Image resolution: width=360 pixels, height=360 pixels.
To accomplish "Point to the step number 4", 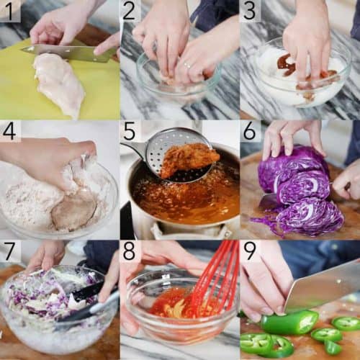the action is (x=9, y=131).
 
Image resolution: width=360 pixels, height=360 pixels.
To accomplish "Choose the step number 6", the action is (x=250, y=131).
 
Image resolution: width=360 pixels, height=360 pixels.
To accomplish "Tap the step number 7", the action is (x=9, y=251).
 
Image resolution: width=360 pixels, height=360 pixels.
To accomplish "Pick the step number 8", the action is (x=129, y=251).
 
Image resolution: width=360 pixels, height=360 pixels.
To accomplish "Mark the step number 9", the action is (x=250, y=251).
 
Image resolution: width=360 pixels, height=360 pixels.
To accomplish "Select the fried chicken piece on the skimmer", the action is (x=189, y=160).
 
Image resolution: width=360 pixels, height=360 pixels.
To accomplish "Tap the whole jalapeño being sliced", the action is (x=289, y=323).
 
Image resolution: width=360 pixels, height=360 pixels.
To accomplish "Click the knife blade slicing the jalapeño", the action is (x=323, y=288).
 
